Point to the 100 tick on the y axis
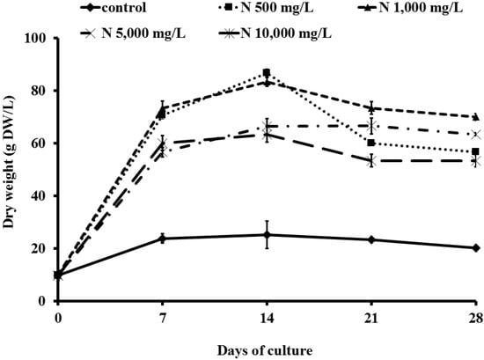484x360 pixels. pos(40,38)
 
